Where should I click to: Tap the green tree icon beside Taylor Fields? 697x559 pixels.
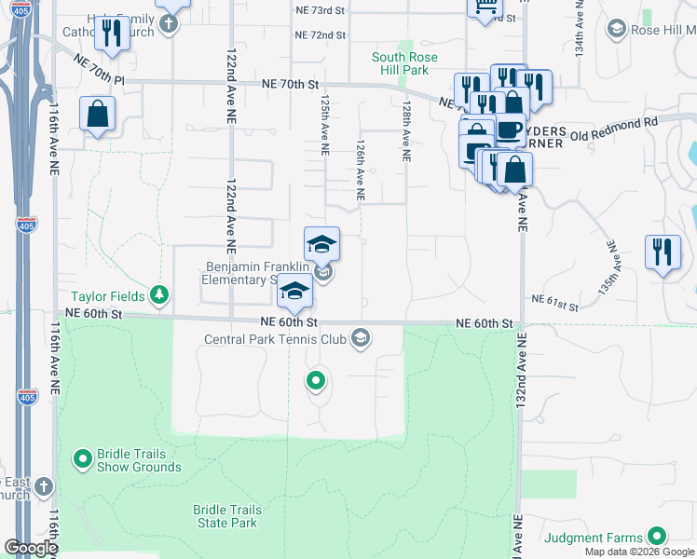point(160,295)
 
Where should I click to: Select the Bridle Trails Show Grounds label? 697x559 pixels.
point(130,460)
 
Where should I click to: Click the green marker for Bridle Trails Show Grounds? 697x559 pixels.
point(82,458)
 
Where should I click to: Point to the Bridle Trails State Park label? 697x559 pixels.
point(225,516)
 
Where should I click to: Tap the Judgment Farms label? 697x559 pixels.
point(594,538)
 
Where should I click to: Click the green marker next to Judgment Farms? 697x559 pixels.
point(657,536)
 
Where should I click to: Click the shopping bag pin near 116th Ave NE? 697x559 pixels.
point(97,116)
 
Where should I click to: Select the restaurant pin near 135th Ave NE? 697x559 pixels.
point(663,252)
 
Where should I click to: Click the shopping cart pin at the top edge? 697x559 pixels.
point(485,7)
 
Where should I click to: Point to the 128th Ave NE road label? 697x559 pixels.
point(406,132)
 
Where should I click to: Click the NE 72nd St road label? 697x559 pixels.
point(320,34)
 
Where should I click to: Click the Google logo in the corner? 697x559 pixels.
point(30,548)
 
